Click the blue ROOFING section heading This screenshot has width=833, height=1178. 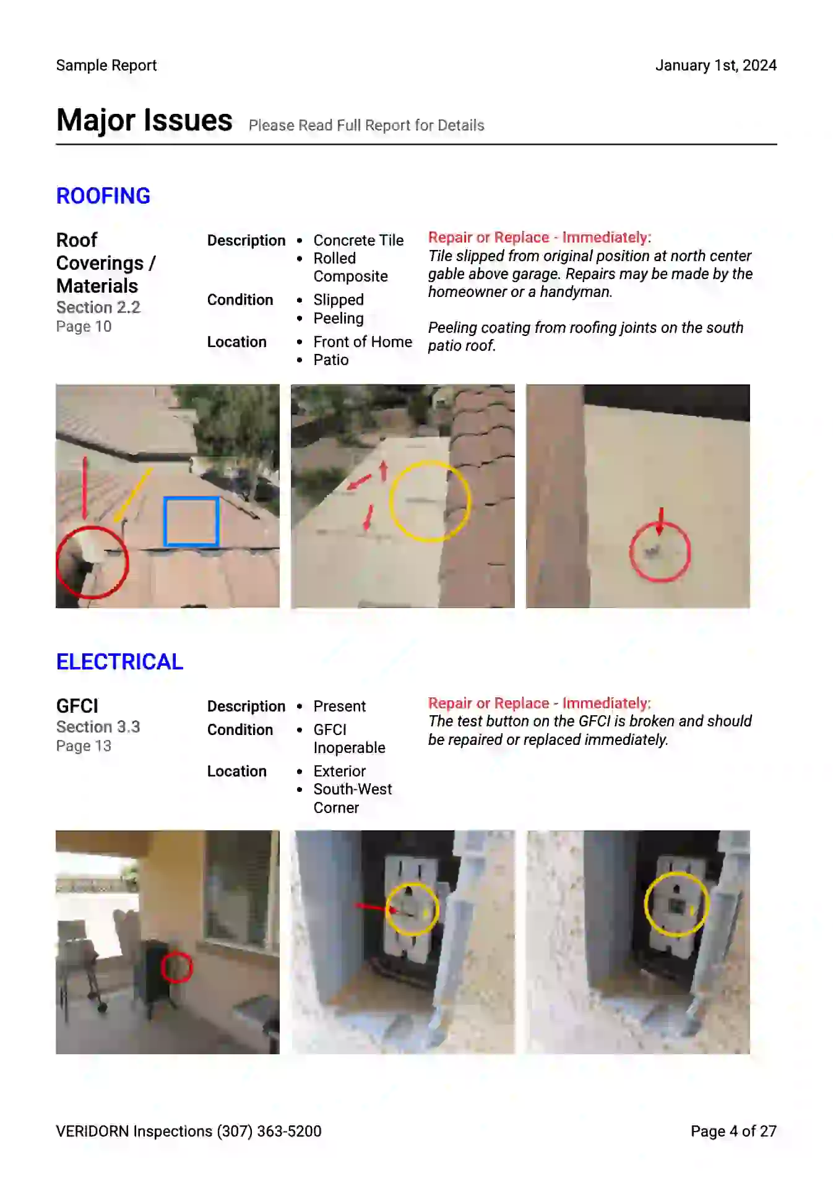103,196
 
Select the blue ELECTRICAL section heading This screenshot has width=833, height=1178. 119,662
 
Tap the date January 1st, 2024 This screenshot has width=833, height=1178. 715,66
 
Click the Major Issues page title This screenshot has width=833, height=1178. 144,120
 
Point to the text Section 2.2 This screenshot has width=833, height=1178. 98,307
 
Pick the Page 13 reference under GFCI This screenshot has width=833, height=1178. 84,746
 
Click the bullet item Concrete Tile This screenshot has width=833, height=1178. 358,240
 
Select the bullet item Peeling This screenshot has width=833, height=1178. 338,319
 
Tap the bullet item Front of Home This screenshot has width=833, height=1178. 363,342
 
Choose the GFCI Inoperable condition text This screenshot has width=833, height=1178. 349,739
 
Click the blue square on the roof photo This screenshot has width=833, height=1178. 191,522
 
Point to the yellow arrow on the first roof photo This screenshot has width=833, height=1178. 132,495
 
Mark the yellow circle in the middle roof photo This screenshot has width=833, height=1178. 430,501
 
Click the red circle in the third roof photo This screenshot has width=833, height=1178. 660,552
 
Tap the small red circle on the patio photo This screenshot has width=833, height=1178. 176,968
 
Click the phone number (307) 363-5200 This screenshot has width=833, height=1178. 269,1132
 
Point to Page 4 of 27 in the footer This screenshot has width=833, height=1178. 733,1132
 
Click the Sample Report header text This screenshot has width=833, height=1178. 106,66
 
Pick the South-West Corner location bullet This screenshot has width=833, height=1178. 352,799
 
